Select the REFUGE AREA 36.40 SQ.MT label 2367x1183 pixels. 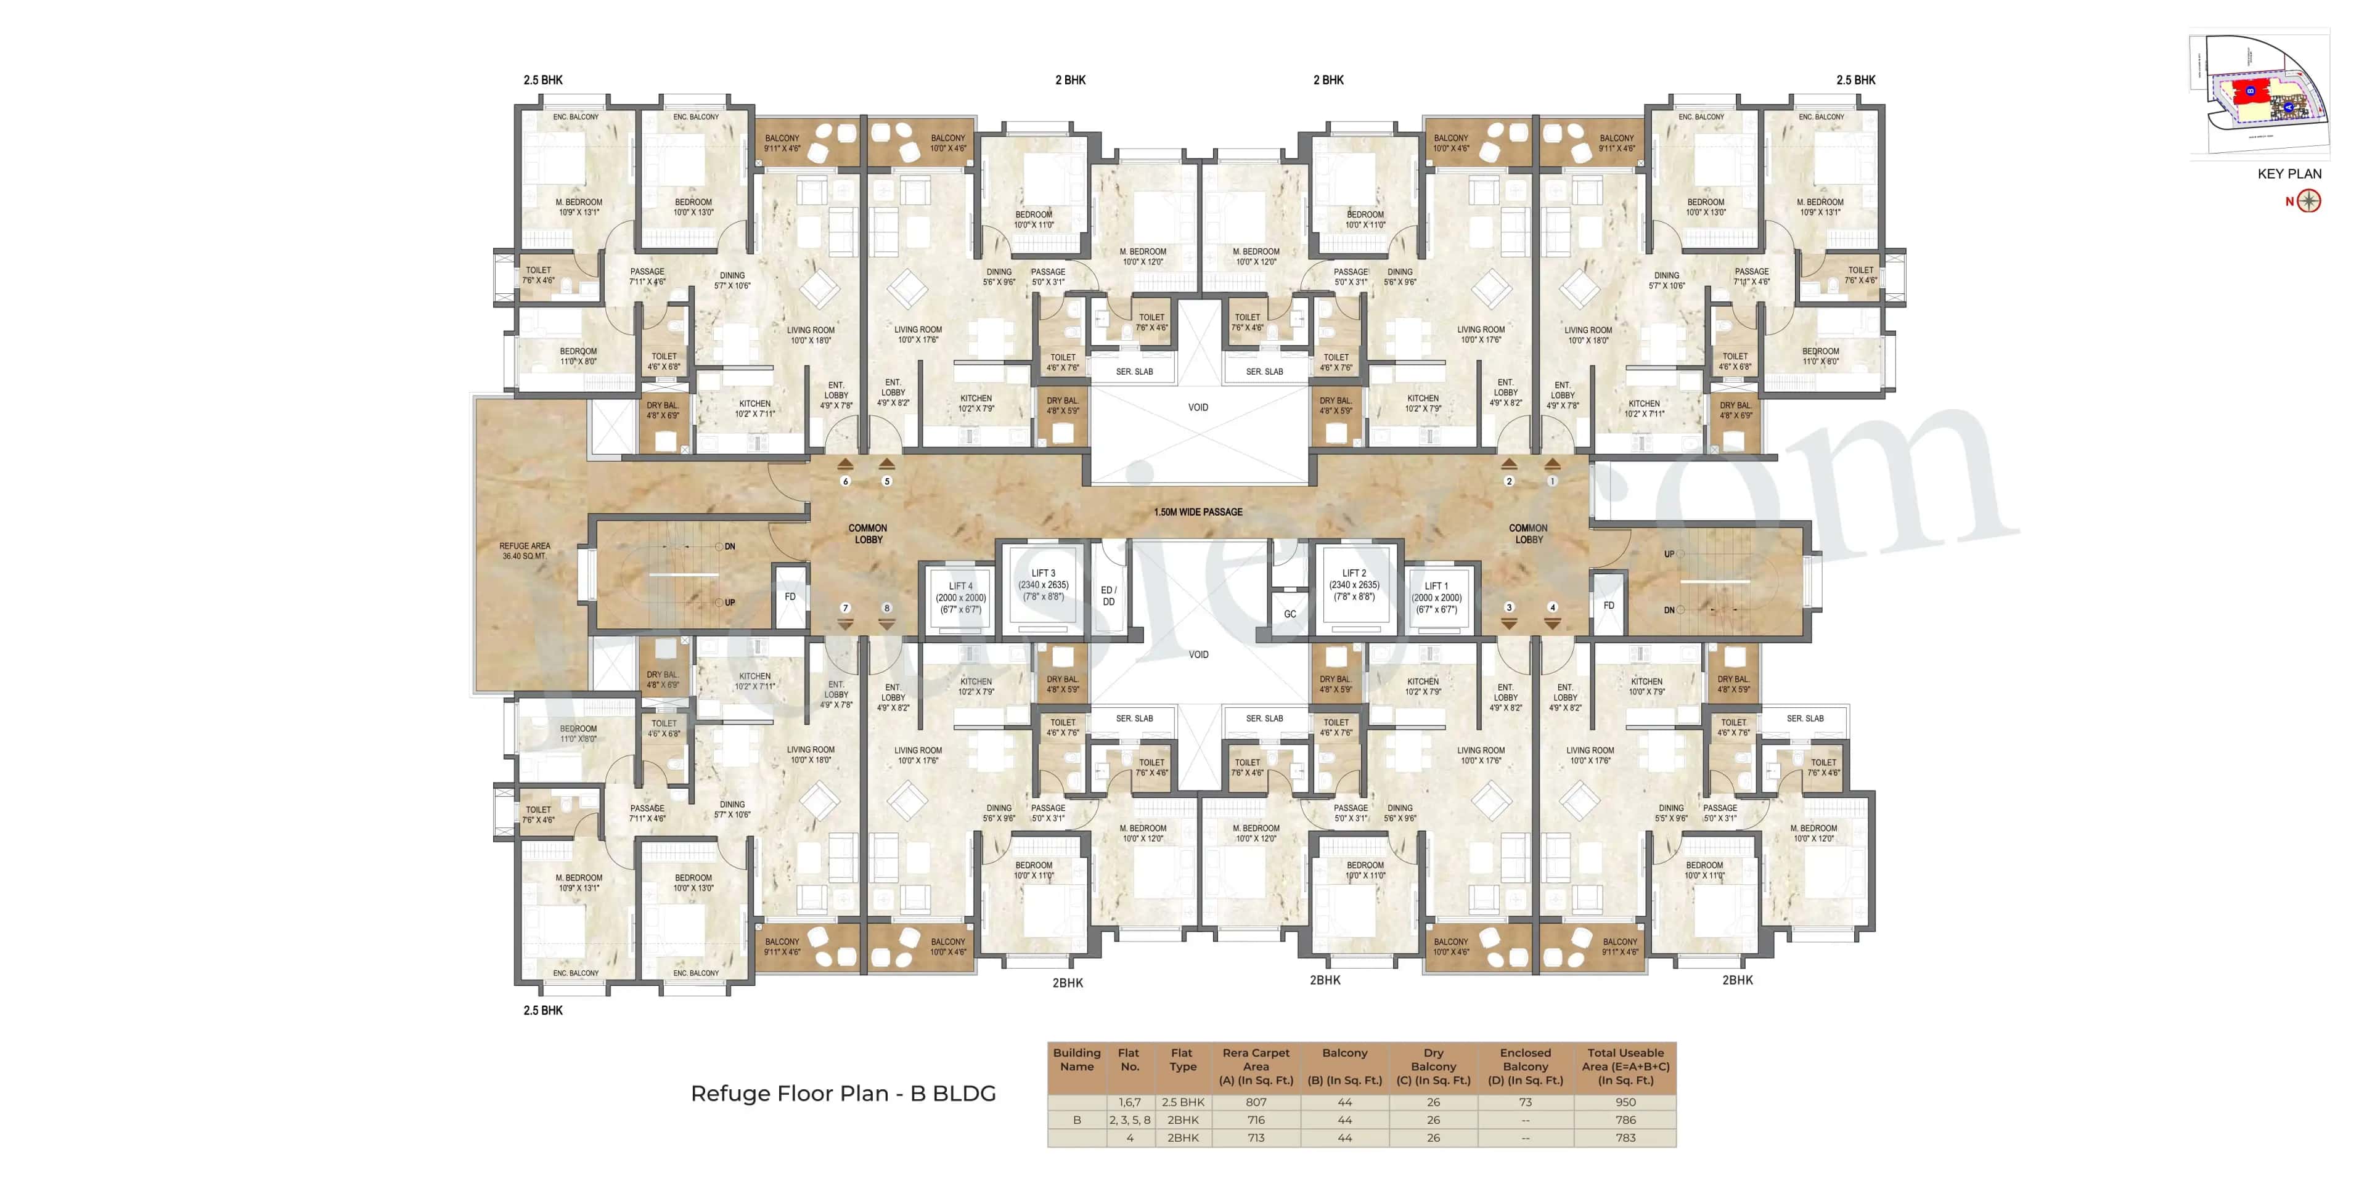tap(525, 551)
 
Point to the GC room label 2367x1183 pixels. tap(1290, 614)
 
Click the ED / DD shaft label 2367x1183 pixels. tap(1108, 596)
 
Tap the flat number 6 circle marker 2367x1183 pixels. tap(845, 481)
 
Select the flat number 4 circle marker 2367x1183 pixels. tap(1553, 607)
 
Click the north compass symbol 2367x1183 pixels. tap(2309, 201)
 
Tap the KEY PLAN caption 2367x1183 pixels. tap(2289, 174)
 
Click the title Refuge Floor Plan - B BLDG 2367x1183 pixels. tap(843, 1094)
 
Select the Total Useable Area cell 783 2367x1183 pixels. tap(1625, 1138)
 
